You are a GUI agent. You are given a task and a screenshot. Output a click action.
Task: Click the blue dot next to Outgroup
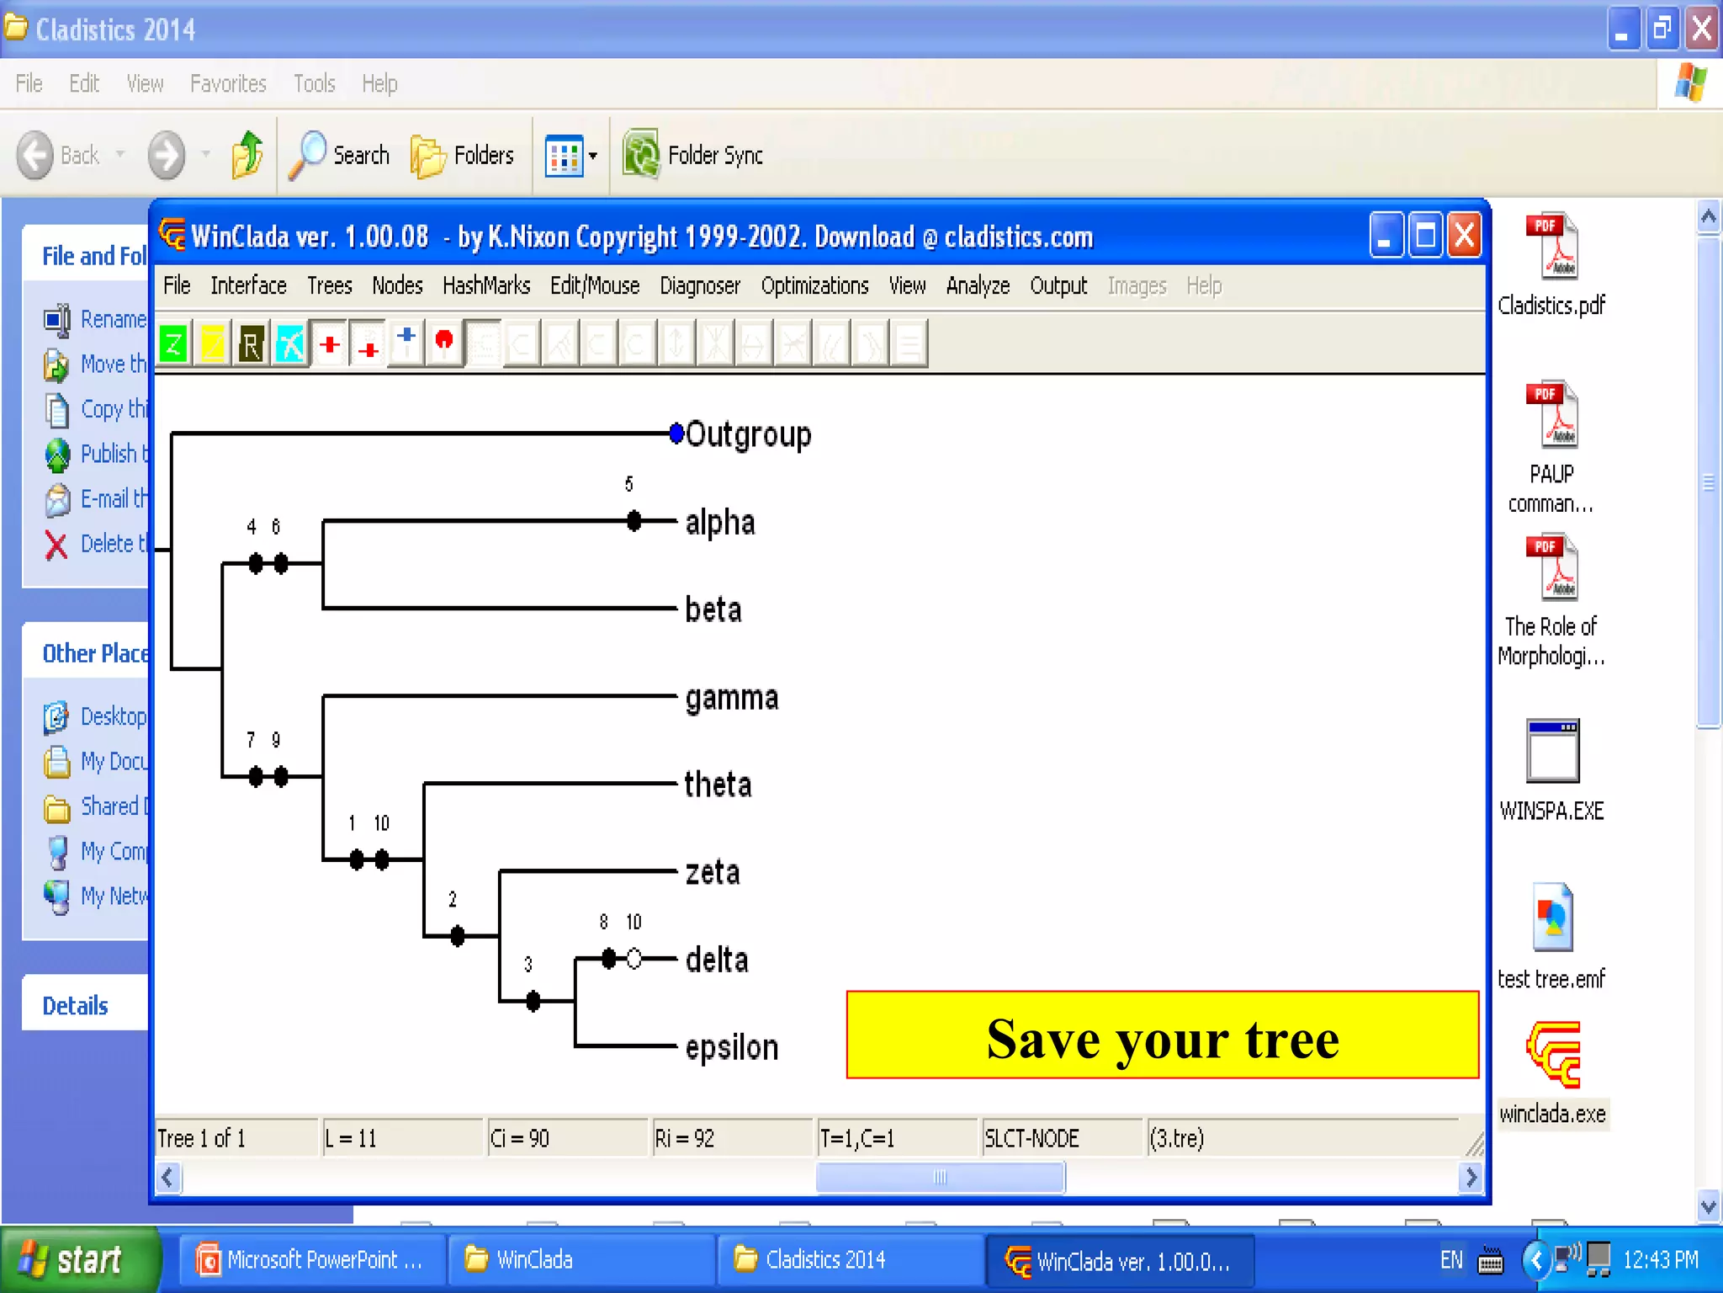pyautogui.click(x=676, y=434)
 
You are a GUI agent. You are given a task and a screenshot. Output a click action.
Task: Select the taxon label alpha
pyautogui.click(x=719, y=523)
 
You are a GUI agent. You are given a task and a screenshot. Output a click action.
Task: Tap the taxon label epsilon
pyautogui.click(x=731, y=1048)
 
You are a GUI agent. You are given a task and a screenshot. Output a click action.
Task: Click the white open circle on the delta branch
pyautogui.click(x=634, y=958)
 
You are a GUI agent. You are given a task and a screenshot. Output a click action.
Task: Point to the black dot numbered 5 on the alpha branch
pyautogui.click(x=634, y=521)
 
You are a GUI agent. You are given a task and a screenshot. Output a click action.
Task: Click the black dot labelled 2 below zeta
pyautogui.click(x=457, y=935)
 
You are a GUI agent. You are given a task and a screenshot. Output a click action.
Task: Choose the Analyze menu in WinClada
pyautogui.click(x=977, y=286)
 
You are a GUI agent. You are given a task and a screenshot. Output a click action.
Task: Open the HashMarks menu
pyautogui.click(x=485, y=286)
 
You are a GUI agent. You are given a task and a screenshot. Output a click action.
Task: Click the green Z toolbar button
pyautogui.click(x=173, y=343)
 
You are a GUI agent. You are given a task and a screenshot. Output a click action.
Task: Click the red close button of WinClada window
pyautogui.click(x=1464, y=236)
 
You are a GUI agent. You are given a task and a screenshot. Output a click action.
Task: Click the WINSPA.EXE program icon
pyautogui.click(x=1552, y=751)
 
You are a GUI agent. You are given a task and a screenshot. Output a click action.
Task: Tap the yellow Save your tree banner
pyautogui.click(x=1162, y=1035)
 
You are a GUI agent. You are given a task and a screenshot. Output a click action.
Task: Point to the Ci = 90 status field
pyautogui.click(x=520, y=1139)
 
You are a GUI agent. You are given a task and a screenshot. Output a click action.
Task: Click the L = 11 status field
pyautogui.click(x=352, y=1139)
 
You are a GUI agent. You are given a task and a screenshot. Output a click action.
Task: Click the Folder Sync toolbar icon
pyautogui.click(x=642, y=155)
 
